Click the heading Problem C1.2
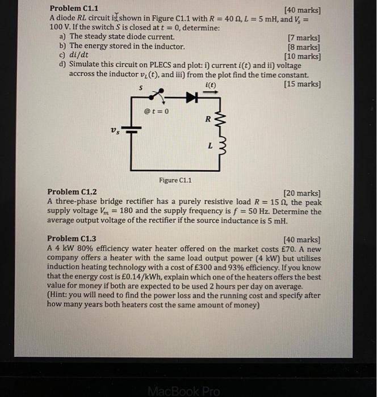[72, 193]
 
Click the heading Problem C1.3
[72, 239]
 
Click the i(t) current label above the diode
[210, 85]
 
